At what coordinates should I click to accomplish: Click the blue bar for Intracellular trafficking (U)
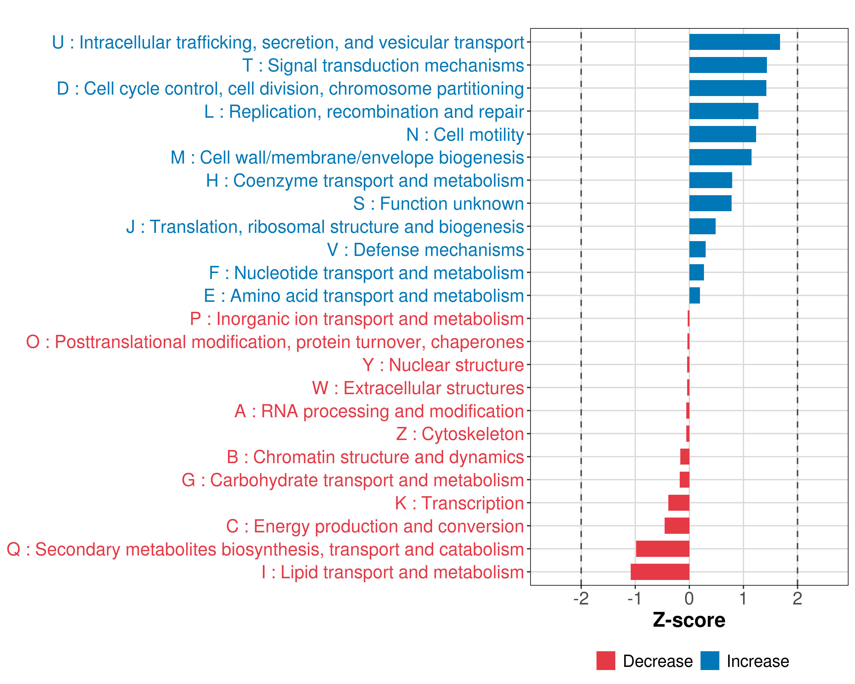click(734, 42)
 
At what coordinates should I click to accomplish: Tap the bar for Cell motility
click(722, 134)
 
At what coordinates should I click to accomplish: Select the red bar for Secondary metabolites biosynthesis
click(662, 549)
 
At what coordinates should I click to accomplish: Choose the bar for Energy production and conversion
click(677, 526)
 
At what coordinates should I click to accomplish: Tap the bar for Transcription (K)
click(679, 503)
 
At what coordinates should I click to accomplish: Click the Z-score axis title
click(689, 620)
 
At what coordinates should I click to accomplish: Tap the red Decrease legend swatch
click(606, 661)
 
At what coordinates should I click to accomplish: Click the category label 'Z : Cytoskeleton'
click(460, 434)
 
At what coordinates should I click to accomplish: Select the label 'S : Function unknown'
click(438, 204)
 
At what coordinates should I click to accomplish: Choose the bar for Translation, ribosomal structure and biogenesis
click(702, 226)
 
